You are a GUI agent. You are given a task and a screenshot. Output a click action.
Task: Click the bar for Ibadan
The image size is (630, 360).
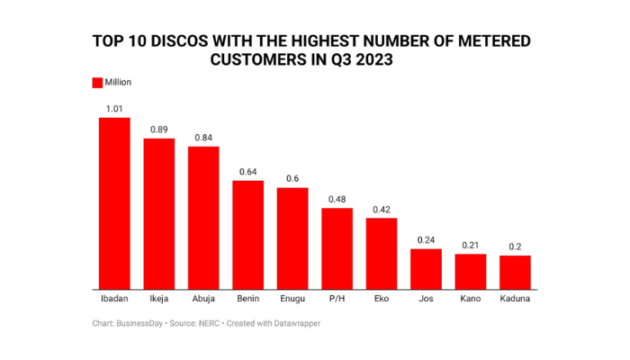pyautogui.click(x=114, y=202)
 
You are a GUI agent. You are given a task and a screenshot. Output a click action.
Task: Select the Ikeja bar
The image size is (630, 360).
pyautogui.click(x=158, y=211)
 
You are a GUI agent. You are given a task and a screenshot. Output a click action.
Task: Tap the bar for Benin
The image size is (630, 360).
pyautogui.click(x=248, y=233)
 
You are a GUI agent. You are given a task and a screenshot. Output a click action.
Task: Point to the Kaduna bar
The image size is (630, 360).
pyautogui.click(x=515, y=270)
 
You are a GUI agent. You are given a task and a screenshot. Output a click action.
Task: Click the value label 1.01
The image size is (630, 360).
pyautogui.click(x=114, y=109)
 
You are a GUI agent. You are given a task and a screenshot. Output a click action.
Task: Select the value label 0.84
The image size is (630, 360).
pyautogui.click(x=203, y=138)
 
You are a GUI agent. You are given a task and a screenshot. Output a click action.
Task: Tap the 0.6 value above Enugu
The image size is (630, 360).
pyautogui.click(x=292, y=178)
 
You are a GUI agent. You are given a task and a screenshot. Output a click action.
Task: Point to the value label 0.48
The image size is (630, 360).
pyautogui.click(x=337, y=199)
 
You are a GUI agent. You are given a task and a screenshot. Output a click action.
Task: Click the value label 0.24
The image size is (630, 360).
pyautogui.click(x=426, y=240)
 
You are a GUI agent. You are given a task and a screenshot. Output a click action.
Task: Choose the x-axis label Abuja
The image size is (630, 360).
pyautogui.click(x=203, y=298)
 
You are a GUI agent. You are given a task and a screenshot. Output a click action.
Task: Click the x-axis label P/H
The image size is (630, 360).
pyautogui.click(x=337, y=298)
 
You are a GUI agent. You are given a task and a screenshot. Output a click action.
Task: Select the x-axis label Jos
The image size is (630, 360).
pyautogui.click(x=426, y=298)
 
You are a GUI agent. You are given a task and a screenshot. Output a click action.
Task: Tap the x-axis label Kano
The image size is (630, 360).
pyautogui.click(x=471, y=298)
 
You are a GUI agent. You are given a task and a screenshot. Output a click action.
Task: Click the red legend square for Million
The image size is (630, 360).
pyautogui.click(x=97, y=83)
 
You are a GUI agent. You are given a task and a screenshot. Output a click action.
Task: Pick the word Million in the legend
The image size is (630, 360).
pyautogui.click(x=119, y=83)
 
